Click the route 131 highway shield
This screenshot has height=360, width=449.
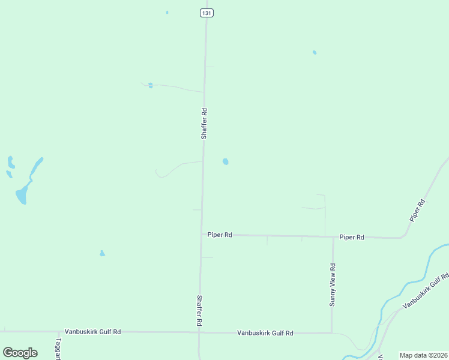click(206, 13)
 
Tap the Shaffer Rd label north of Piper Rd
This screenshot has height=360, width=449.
click(204, 124)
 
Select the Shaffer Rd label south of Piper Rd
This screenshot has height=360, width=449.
click(199, 310)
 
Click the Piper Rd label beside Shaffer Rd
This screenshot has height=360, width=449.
click(220, 235)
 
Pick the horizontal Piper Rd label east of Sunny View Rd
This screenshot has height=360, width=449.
click(352, 238)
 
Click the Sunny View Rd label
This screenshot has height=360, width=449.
click(332, 285)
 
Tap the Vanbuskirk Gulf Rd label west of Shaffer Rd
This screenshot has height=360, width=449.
click(93, 331)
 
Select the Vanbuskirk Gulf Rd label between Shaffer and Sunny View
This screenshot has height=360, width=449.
click(265, 333)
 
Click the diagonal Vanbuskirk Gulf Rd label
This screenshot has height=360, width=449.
click(426, 291)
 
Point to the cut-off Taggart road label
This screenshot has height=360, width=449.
click(59, 349)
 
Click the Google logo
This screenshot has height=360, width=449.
click(20, 353)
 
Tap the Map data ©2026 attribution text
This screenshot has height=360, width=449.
click(423, 355)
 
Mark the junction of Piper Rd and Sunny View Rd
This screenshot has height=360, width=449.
click(333, 237)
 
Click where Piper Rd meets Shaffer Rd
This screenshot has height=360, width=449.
click(201, 235)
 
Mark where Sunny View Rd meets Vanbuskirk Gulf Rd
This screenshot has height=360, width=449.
click(332, 332)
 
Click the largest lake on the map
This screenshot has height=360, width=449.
click(22, 194)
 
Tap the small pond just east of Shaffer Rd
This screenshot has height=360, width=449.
click(225, 161)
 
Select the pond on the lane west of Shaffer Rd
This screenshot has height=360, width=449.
click(150, 85)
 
